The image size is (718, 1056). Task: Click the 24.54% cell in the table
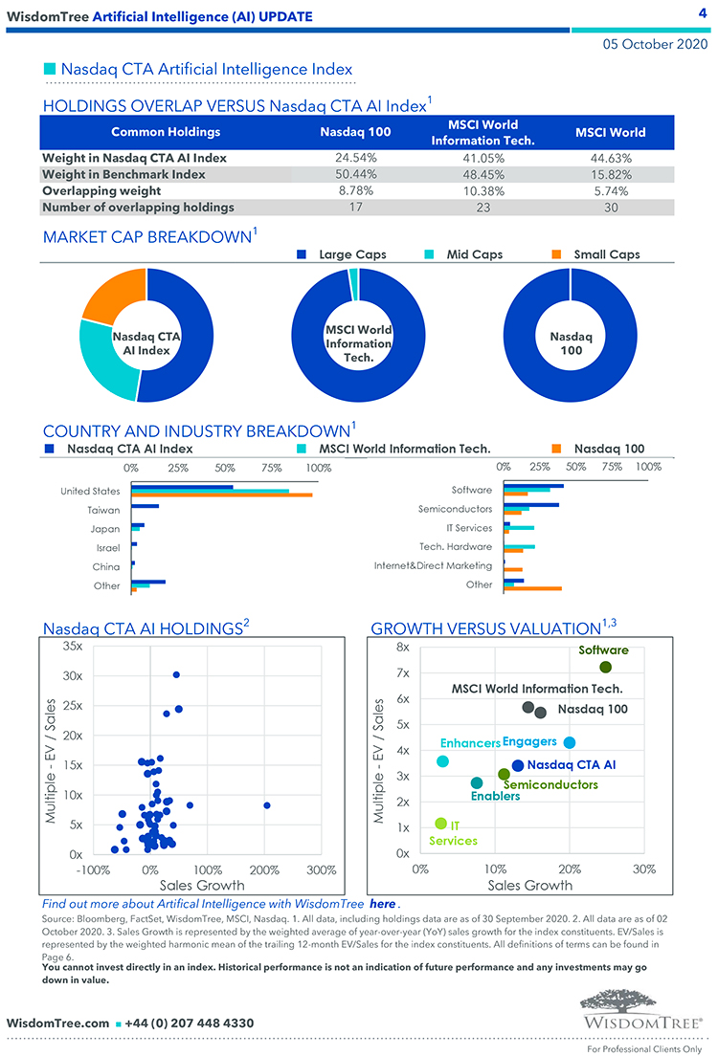click(355, 158)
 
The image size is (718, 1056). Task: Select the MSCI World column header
click(610, 132)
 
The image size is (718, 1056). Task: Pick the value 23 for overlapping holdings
click(482, 207)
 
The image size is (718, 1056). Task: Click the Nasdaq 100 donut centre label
click(571, 343)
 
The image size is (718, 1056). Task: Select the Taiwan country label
click(103, 510)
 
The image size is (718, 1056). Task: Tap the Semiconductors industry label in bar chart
click(455, 509)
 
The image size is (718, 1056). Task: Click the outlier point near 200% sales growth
click(267, 805)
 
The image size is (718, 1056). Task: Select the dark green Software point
click(605, 668)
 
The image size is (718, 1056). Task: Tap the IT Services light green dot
click(440, 824)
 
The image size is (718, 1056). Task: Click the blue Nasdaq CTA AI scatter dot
click(518, 765)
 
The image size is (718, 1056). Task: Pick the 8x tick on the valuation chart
click(402, 648)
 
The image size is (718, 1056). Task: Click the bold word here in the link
click(382, 904)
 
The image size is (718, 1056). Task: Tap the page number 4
click(702, 12)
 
